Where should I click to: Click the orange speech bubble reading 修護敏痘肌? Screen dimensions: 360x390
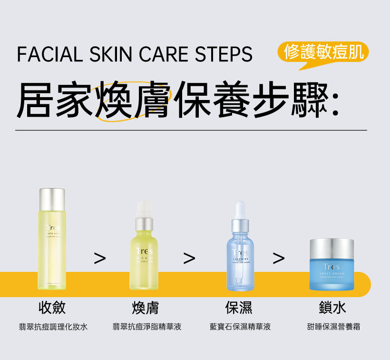(x=323, y=52)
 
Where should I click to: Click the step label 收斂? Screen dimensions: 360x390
(x=52, y=308)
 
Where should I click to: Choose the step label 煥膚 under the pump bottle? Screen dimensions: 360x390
(x=145, y=308)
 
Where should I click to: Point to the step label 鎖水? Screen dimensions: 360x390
(x=332, y=308)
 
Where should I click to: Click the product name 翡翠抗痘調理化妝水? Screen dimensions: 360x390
(x=53, y=327)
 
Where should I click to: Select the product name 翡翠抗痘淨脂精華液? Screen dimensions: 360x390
(x=147, y=327)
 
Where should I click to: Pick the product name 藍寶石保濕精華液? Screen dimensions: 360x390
(x=240, y=327)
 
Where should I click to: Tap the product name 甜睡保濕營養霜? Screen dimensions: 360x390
(x=333, y=327)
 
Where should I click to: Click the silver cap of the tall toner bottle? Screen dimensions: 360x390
(x=52, y=200)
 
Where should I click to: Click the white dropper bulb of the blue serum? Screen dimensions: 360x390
(x=240, y=210)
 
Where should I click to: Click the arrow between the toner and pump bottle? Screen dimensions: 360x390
(x=99, y=258)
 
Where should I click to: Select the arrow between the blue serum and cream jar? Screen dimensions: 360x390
(x=279, y=258)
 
